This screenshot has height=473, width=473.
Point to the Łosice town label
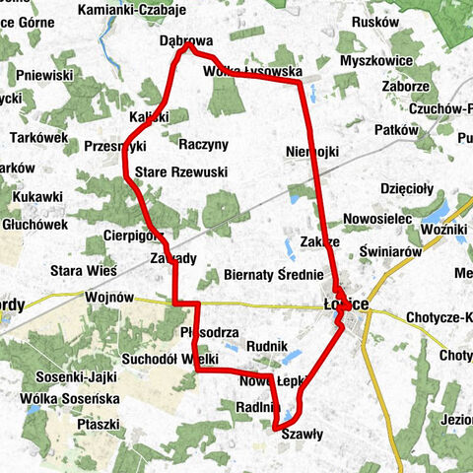346,304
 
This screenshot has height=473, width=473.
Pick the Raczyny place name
204,144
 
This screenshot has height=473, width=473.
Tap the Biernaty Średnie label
274,275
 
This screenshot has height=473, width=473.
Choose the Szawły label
303,433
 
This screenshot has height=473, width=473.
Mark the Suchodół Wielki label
169,359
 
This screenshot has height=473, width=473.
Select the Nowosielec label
375,218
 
